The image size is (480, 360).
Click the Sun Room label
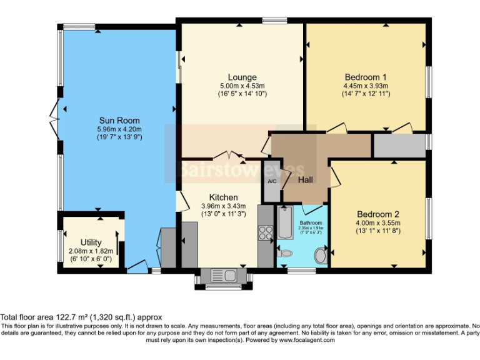[x=119, y=120]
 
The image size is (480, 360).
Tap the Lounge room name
[x=242, y=77]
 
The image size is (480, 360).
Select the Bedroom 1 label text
[x=366, y=77]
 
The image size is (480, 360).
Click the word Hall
[x=305, y=180]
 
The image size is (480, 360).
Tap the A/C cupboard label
[x=272, y=181]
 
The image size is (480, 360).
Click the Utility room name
[x=91, y=242]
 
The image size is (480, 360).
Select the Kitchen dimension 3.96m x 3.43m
[x=224, y=206]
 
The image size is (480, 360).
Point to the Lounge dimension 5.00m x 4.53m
[x=242, y=86]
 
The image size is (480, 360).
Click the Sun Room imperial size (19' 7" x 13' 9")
[x=119, y=137]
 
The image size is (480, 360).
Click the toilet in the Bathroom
[x=284, y=253]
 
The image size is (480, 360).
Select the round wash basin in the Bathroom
[x=320, y=255]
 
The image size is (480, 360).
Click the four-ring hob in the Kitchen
[x=265, y=232]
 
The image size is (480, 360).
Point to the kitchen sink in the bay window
[x=222, y=275]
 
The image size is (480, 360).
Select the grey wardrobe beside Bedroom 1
[x=399, y=145]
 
